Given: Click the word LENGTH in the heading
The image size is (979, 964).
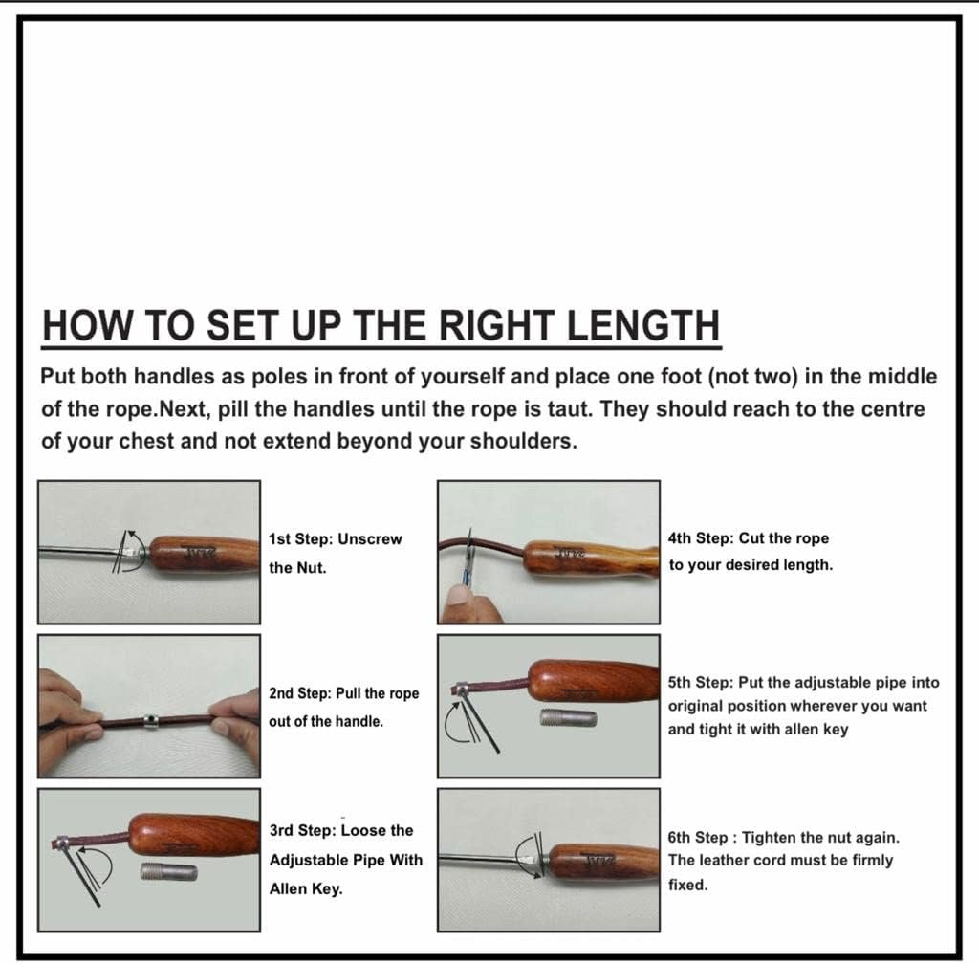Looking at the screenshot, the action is pyautogui.click(x=643, y=325).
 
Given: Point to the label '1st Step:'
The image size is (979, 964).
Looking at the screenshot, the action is pyautogui.click(x=300, y=538).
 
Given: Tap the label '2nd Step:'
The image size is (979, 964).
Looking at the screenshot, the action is pyautogui.click(x=299, y=693).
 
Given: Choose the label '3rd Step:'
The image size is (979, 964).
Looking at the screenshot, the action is pyautogui.click(x=303, y=830).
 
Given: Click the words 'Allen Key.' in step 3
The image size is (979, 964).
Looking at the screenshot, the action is pyautogui.click(x=306, y=888).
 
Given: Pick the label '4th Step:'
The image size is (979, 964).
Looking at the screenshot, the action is pyautogui.click(x=701, y=538).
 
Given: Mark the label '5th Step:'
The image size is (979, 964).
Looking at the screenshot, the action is pyautogui.click(x=701, y=683).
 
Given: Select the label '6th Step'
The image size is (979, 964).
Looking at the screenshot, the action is pyautogui.click(x=697, y=837).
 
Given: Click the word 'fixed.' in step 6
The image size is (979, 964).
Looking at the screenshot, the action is pyautogui.click(x=688, y=885).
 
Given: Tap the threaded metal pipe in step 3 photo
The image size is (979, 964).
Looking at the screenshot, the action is pyautogui.click(x=168, y=872).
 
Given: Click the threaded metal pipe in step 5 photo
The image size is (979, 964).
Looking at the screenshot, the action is pyautogui.click(x=568, y=718).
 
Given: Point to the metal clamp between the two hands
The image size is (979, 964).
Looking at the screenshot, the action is pyautogui.click(x=150, y=721).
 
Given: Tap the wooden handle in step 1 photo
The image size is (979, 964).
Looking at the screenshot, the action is pyautogui.click(x=205, y=554).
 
